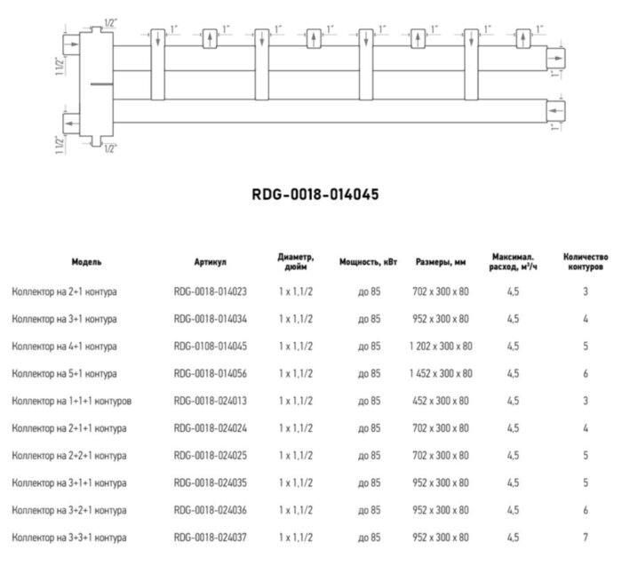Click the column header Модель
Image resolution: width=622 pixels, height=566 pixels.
click(x=86, y=262)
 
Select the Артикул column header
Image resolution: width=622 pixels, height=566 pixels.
click(x=211, y=262)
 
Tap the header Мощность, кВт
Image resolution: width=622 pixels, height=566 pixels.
click(x=369, y=262)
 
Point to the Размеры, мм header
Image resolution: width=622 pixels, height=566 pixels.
click(x=442, y=262)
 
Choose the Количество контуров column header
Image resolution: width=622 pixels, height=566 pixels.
click(x=586, y=262)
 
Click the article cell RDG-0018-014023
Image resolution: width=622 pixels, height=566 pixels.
click(x=211, y=291)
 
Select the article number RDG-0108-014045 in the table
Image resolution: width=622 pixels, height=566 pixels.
click(x=211, y=346)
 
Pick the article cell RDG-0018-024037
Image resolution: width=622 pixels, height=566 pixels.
click(x=211, y=538)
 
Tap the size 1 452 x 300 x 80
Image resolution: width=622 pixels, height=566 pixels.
click(x=442, y=373)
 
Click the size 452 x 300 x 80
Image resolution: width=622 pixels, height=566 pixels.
click(x=442, y=401)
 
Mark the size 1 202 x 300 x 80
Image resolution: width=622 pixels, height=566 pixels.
click(x=442, y=346)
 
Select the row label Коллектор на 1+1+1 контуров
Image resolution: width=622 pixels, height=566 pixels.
click(x=71, y=401)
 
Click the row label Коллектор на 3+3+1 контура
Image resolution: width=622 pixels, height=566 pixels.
click(x=68, y=538)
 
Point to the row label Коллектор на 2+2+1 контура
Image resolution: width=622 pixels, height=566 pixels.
click(x=68, y=456)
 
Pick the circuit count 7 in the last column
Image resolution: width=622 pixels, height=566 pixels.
click(x=586, y=538)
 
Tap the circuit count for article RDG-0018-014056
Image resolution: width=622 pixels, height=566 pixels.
click(x=586, y=373)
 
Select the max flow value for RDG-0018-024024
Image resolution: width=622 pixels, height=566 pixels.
click(x=514, y=428)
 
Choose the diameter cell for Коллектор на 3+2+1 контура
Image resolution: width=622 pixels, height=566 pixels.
click(x=296, y=511)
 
